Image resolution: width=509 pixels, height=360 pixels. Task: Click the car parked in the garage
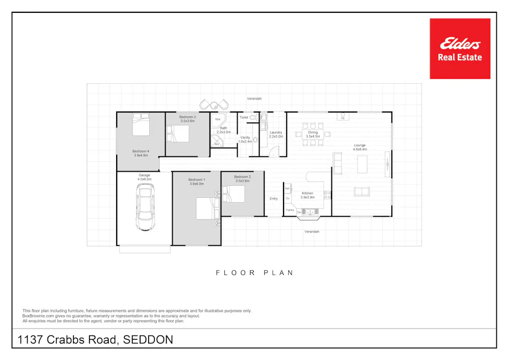(x=144, y=211)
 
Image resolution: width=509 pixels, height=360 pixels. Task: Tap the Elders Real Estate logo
(x=459, y=49)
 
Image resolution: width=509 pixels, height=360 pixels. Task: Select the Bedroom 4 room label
(x=141, y=153)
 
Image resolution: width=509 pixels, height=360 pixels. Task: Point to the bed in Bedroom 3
(x=177, y=133)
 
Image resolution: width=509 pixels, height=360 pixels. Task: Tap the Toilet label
(x=244, y=117)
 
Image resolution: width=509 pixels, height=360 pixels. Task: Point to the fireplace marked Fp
(x=343, y=116)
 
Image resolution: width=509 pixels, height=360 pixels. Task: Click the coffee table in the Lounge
(x=362, y=164)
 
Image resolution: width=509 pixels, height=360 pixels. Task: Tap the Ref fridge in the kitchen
(x=287, y=188)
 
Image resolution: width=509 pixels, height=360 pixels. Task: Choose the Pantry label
(x=290, y=210)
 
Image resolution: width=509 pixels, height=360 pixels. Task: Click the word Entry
(x=273, y=198)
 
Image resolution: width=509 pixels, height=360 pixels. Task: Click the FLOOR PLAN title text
(x=254, y=273)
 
